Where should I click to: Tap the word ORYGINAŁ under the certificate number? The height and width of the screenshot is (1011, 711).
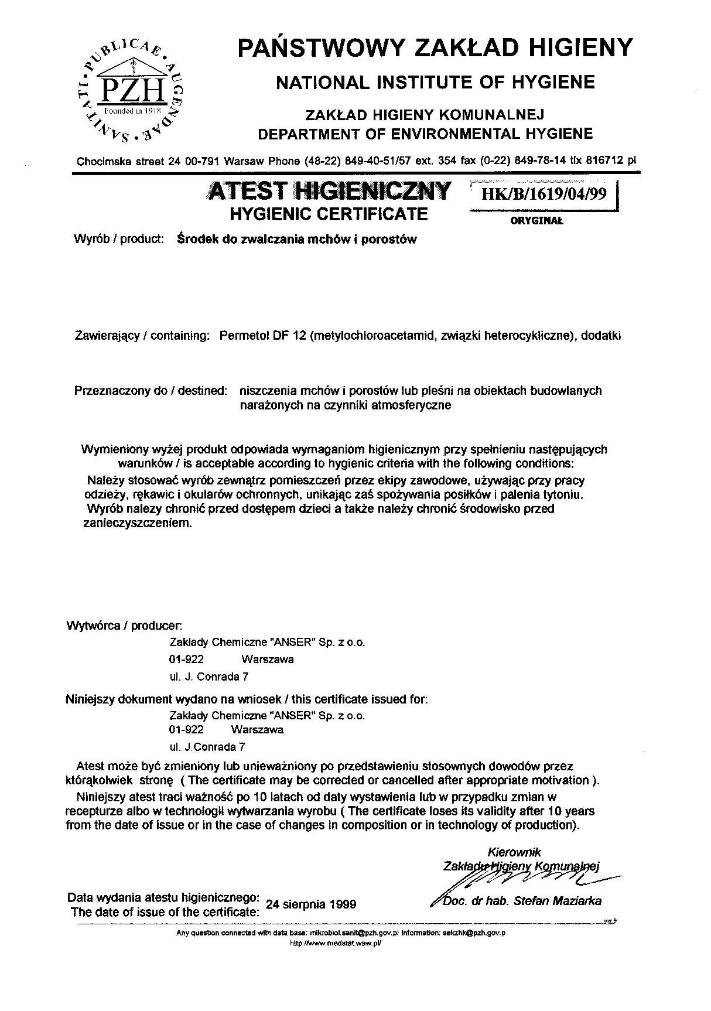pyautogui.click(x=536, y=221)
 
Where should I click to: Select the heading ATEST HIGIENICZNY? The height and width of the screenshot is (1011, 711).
pyautogui.click(x=329, y=192)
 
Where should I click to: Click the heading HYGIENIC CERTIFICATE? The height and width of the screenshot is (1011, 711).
pyautogui.click(x=329, y=214)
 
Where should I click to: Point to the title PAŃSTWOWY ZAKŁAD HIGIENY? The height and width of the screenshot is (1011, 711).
pyautogui.click(x=435, y=47)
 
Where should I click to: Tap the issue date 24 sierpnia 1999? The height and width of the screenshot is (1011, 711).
pyautogui.click(x=311, y=904)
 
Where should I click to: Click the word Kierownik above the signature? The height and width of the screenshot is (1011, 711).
pyautogui.click(x=514, y=852)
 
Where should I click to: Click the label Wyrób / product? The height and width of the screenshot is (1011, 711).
pyautogui.click(x=118, y=240)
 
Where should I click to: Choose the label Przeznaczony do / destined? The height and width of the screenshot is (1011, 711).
pyautogui.click(x=151, y=390)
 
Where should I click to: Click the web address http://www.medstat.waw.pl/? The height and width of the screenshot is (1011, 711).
pyautogui.click(x=336, y=944)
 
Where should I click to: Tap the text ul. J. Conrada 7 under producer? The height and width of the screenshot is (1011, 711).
pyautogui.click(x=208, y=677)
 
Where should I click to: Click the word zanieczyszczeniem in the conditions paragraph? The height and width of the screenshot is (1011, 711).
pyautogui.click(x=138, y=523)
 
